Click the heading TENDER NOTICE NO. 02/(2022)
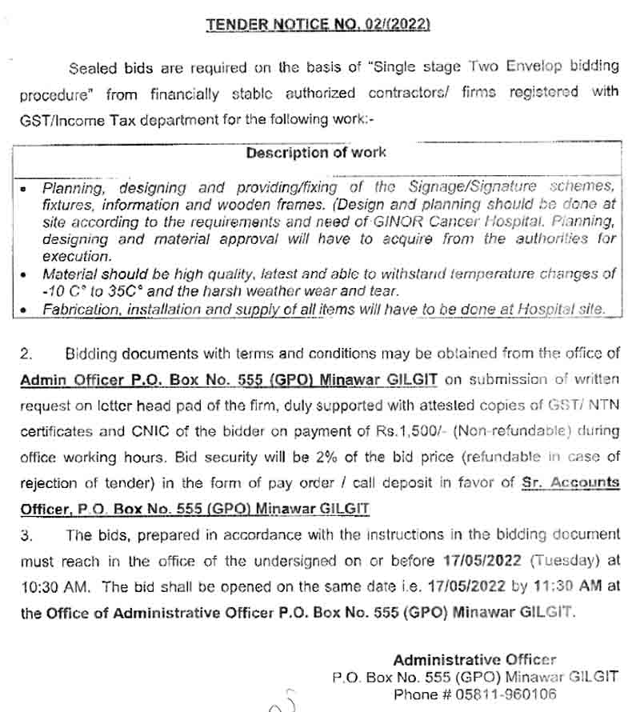(x=318, y=25)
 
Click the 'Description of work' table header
(x=315, y=152)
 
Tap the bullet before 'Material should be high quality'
(x=26, y=274)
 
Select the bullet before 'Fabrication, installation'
(x=26, y=310)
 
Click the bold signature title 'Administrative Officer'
(x=474, y=660)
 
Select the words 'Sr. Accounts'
(x=570, y=482)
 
